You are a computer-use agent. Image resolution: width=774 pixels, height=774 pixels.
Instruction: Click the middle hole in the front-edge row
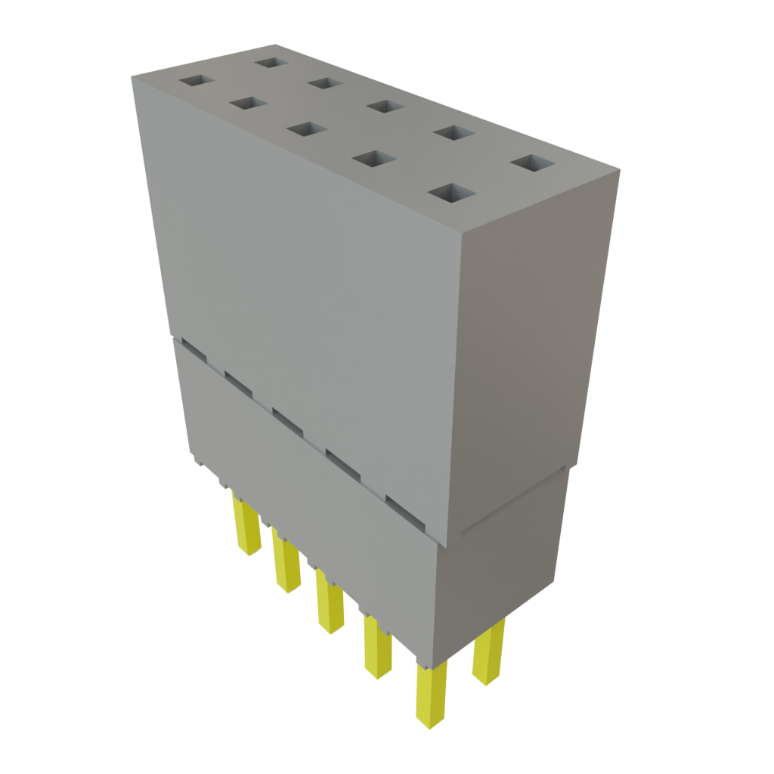pos(307,130)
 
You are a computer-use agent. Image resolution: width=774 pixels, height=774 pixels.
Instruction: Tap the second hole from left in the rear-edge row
pos(327,82)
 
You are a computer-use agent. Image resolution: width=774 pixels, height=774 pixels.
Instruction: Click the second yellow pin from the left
pos(286,563)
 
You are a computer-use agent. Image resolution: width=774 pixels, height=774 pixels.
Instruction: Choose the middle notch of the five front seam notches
pos(287,420)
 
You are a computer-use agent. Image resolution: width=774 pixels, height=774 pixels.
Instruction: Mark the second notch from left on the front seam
pos(237,382)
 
